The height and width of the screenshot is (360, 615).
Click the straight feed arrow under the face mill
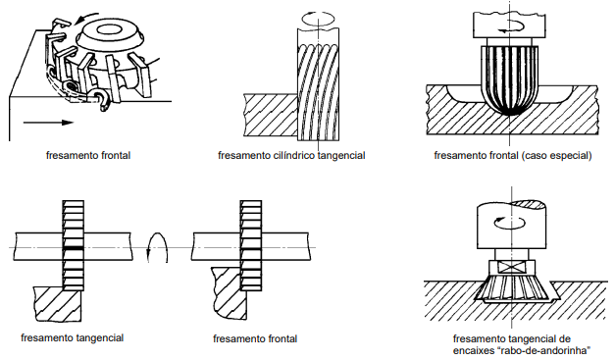pos(48,123)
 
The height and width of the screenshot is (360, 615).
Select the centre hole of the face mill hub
pos(107,29)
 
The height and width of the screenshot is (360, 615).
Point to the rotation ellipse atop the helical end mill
pos(318,19)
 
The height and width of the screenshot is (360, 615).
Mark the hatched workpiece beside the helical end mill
pos(271,115)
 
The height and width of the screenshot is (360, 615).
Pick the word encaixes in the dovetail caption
pos(472,350)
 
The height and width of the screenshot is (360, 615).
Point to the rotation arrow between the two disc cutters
pos(157,248)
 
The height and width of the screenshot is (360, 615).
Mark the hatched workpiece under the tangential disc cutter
pos(59,303)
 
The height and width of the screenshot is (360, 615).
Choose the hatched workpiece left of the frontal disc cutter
pos(229,292)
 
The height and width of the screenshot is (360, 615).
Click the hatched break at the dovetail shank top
pos(529,203)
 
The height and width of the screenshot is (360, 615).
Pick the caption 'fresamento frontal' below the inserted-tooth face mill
pos(88,156)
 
